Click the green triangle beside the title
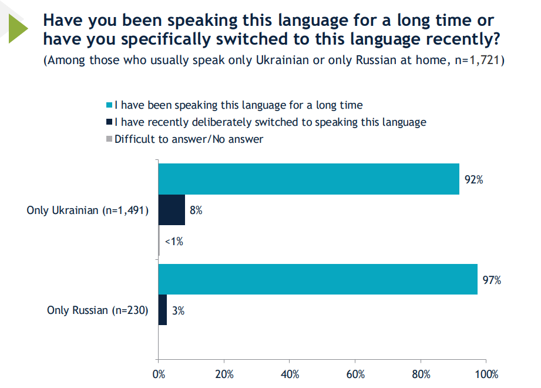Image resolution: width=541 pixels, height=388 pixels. [x=18, y=28]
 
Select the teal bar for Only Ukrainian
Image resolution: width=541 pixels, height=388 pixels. [x=308, y=179]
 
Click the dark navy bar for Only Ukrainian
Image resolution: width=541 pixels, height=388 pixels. [x=172, y=210]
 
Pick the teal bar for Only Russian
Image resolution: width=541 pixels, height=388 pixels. [x=318, y=279]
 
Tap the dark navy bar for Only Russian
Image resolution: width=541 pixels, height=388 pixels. [x=163, y=310]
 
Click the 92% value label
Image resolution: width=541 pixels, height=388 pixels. [x=473, y=180]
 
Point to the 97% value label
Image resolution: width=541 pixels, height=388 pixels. [x=492, y=280]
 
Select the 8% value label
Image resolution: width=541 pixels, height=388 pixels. [x=196, y=210]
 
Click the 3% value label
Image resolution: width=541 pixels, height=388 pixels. [x=178, y=311]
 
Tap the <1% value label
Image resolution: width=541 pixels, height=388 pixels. [x=173, y=241]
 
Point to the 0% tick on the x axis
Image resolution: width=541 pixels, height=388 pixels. [x=158, y=374]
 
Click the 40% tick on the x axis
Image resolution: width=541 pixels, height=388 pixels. [x=290, y=374]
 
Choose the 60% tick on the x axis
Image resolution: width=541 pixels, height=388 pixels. [x=356, y=374]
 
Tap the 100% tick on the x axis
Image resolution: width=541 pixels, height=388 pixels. [x=486, y=374]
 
